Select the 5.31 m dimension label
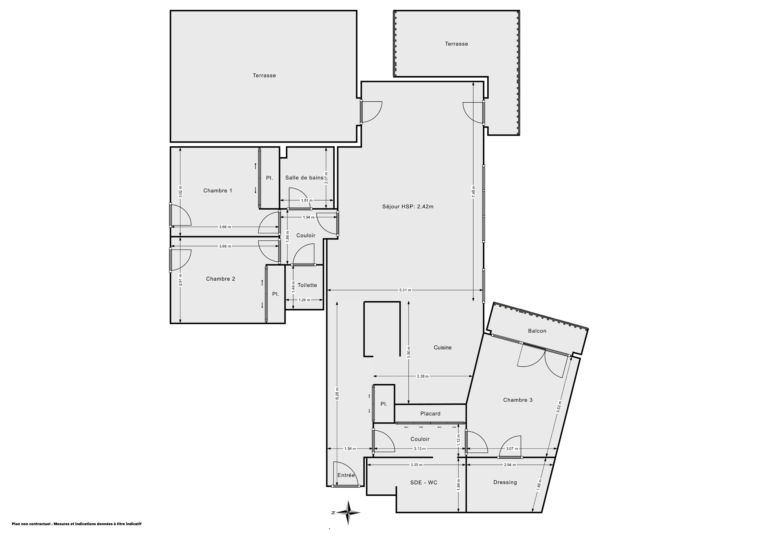click(x=405, y=290)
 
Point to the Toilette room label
click(x=307, y=285)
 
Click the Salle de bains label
click(x=304, y=178)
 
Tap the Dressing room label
click(x=505, y=482)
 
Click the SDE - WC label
click(x=424, y=482)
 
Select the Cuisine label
click(x=442, y=347)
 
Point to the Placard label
click(x=430, y=413)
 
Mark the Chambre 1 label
click(x=218, y=191)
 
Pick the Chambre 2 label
click(x=220, y=279)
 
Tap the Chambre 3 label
click(x=518, y=400)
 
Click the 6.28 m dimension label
click(x=337, y=394)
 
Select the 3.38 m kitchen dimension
click(x=423, y=376)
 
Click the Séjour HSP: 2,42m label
click(x=408, y=207)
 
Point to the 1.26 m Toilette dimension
click(x=304, y=300)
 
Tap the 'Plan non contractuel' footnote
click(x=77, y=524)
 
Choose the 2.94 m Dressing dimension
click(x=510, y=465)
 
